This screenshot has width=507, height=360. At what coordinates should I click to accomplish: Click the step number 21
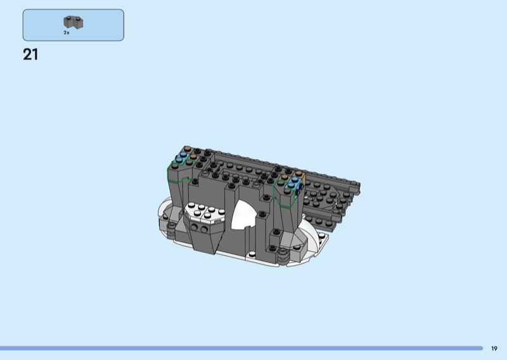[x=30, y=55]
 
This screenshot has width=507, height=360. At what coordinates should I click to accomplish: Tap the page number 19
[x=494, y=349]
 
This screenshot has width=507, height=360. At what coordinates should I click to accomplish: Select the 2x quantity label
[x=67, y=33]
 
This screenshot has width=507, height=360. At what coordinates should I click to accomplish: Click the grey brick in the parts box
[x=74, y=22]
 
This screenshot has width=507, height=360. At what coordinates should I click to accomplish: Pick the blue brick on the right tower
[x=295, y=183]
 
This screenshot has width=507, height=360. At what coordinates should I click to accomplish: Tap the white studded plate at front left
[x=204, y=212]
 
